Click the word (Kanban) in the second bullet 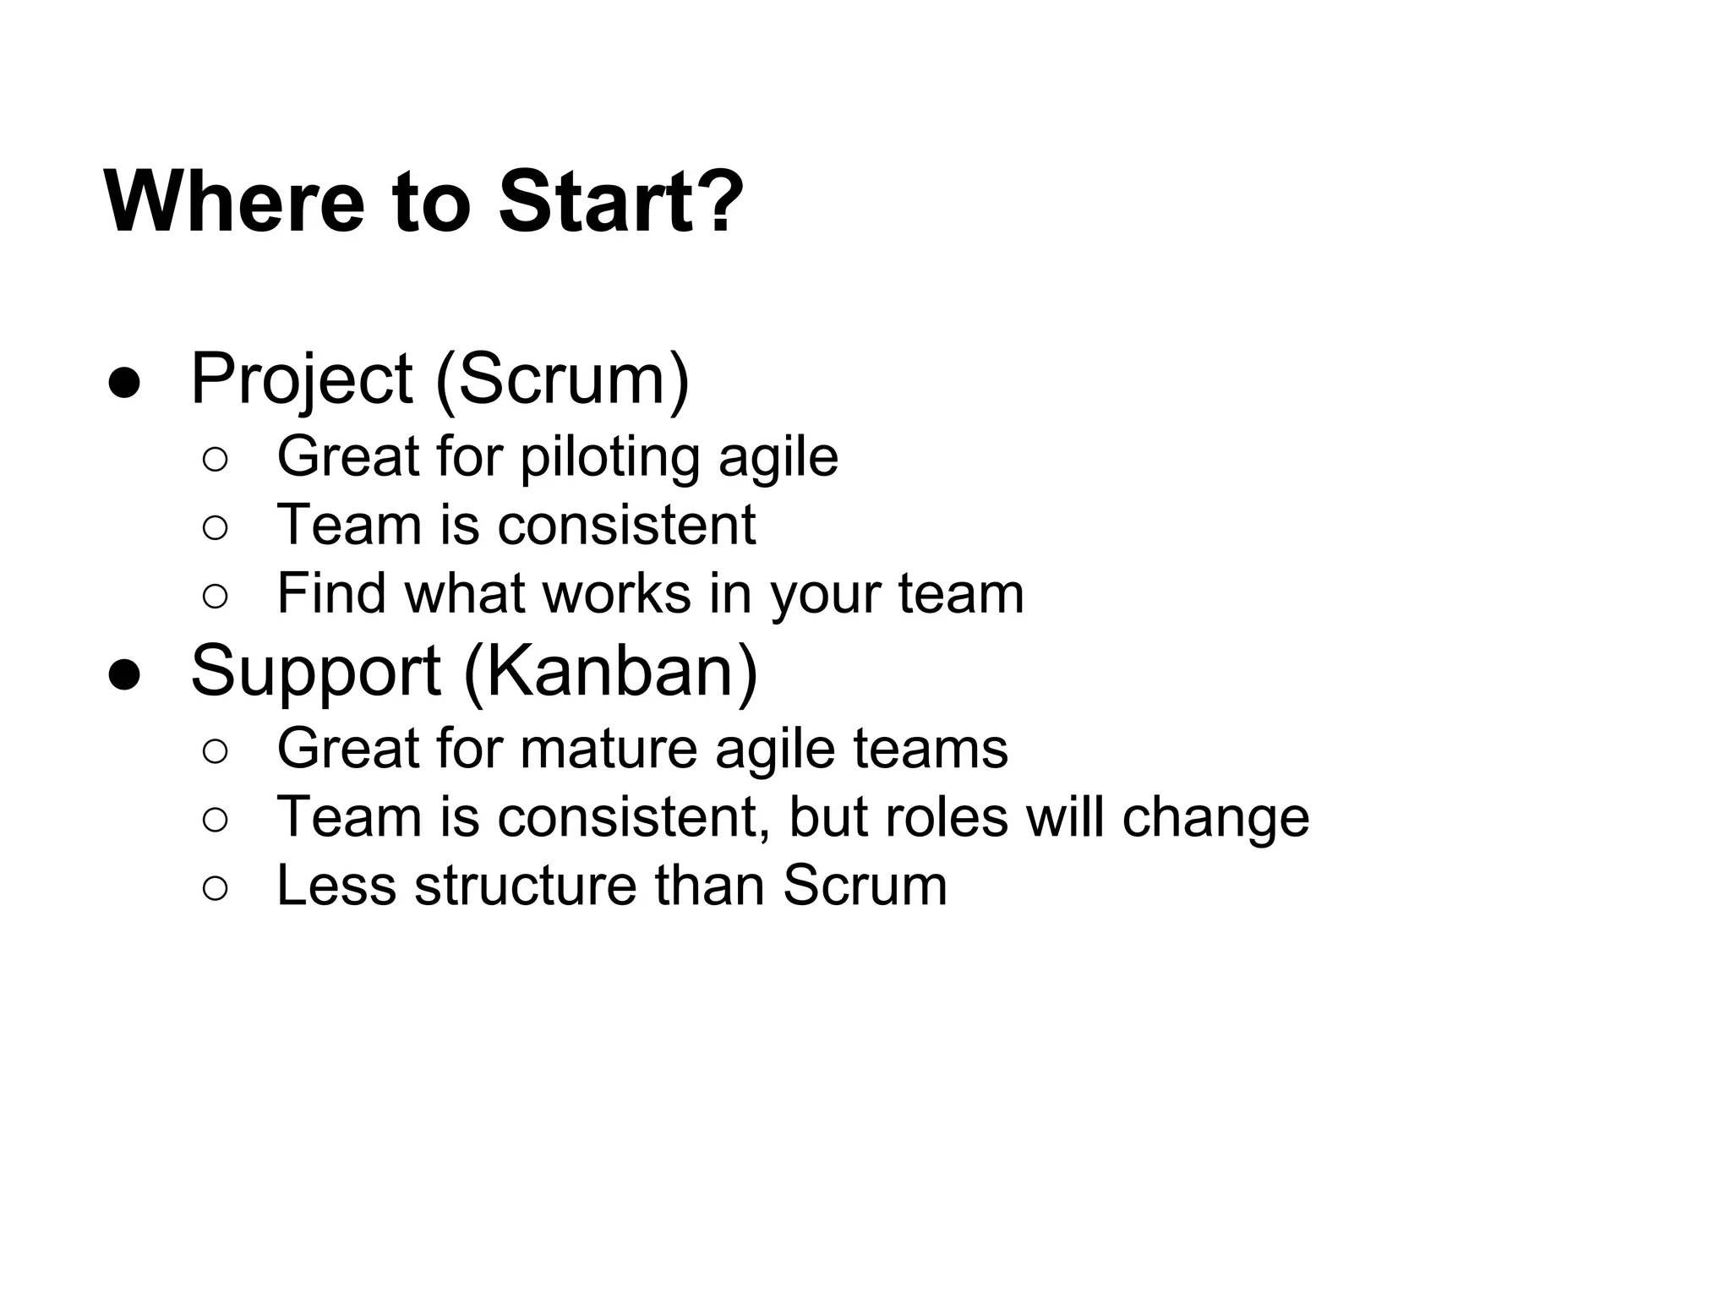[x=610, y=672]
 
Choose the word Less [x=336, y=886]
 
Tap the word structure [x=525, y=886]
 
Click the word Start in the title [x=592, y=202]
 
